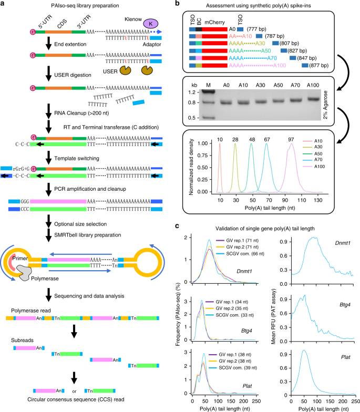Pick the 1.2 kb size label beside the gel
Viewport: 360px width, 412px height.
193,92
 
